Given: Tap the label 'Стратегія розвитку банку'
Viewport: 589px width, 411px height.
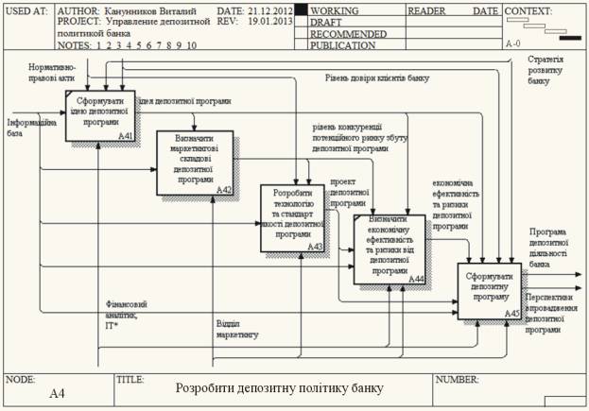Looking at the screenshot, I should click(x=548, y=71).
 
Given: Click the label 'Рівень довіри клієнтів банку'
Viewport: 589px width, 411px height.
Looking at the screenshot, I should click(x=378, y=78).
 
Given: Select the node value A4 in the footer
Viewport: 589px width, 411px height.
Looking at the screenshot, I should click(x=57, y=393).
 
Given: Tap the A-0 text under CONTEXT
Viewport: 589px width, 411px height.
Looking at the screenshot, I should click(x=514, y=44).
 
